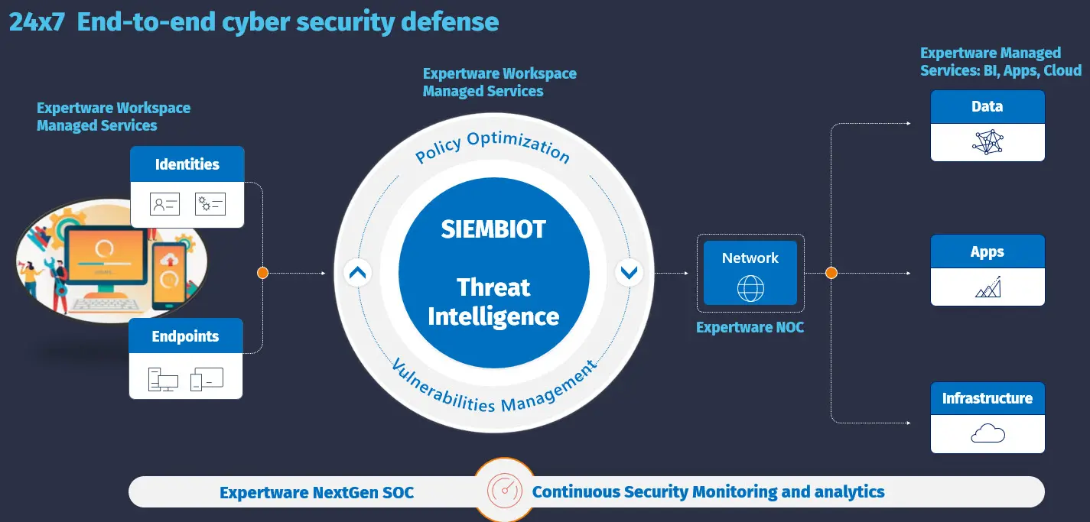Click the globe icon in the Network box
750,288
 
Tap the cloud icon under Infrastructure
988,433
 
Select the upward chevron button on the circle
358,273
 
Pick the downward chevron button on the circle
629,273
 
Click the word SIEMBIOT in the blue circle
493,229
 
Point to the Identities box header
187,164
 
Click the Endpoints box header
186,336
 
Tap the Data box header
988,106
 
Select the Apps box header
988,251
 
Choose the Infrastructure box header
988,398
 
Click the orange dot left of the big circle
263,273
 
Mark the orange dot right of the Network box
831,273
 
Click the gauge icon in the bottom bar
505,491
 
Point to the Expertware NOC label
750,327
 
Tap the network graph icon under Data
988,142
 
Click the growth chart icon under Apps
988,287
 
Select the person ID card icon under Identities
164,204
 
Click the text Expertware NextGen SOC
317,492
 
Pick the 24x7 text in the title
37,22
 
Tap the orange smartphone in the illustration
169,276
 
